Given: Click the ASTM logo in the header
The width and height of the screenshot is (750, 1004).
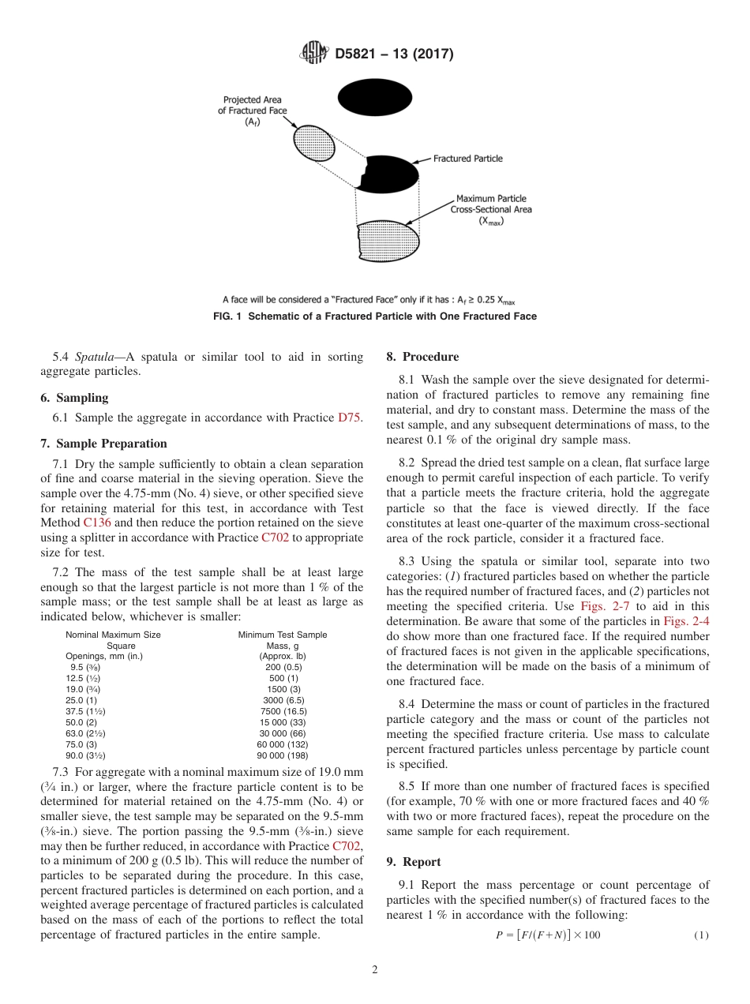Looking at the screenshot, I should click(313, 54).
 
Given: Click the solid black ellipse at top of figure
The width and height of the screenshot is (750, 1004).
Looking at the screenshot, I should click(375, 98).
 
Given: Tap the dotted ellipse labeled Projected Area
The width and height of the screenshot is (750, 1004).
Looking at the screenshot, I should click(313, 143).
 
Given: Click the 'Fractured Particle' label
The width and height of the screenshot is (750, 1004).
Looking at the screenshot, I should click(467, 159).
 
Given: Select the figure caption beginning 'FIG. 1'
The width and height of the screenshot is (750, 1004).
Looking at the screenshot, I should click(375, 317).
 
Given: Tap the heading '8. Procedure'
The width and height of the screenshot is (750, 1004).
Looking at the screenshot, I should click(422, 357).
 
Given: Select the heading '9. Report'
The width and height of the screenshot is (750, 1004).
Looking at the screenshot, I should click(414, 862).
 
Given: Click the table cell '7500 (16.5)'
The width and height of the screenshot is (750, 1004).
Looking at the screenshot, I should click(283, 711).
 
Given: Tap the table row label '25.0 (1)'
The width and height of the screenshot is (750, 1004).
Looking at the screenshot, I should click(81, 700).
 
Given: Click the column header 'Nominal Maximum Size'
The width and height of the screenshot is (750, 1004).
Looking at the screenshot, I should click(113, 635).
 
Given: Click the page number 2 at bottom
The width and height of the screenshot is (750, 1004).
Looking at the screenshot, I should click(375, 970).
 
